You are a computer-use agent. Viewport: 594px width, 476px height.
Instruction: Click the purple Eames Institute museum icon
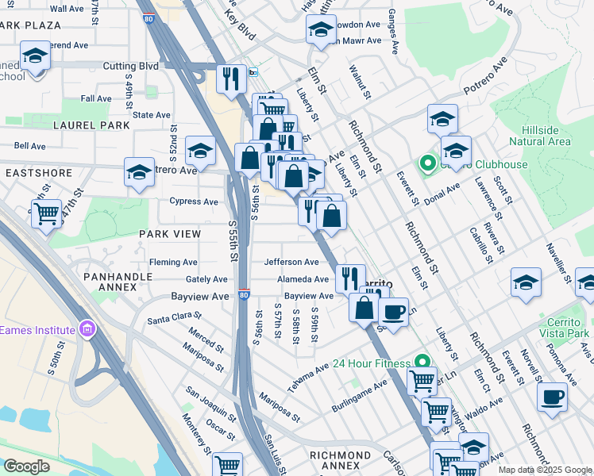point(87,329)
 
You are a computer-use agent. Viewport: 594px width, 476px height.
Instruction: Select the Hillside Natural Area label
point(546,136)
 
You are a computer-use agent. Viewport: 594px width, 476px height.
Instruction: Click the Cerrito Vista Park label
point(568,327)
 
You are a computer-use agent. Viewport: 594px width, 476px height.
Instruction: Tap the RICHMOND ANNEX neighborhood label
point(340,455)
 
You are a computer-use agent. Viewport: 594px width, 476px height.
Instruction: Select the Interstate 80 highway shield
point(244,295)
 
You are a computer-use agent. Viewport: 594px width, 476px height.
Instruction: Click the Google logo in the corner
point(26,466)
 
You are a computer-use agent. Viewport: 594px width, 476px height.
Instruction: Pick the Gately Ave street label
point(206,279)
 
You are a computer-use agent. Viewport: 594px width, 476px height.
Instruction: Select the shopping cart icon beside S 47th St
point(46,213)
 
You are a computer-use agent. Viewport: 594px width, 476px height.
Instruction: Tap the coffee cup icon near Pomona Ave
point(552,396)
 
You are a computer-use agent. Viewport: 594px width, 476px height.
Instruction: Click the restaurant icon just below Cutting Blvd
point(232,79)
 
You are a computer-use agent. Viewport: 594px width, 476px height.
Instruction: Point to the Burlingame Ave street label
point(360,394)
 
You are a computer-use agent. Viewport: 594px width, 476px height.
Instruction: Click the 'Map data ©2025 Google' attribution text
point(544,470)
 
